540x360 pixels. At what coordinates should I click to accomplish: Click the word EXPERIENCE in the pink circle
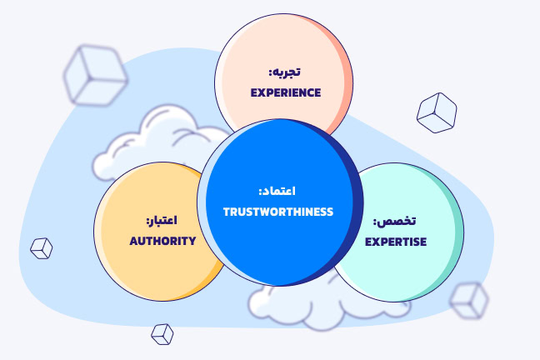click(286, 92)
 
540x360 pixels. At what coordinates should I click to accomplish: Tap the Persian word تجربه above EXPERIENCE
click(287, 73)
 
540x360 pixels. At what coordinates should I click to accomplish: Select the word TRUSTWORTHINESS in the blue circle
click(277, 212)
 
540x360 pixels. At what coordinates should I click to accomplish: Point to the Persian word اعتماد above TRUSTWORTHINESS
click(277, 191)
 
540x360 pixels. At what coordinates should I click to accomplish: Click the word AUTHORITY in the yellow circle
click(162, 241)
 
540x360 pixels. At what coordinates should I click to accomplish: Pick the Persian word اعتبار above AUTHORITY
click(163, 222)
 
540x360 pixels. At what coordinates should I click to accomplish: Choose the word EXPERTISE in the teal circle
click(397, 242)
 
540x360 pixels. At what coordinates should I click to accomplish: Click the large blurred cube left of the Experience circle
click(94, 74)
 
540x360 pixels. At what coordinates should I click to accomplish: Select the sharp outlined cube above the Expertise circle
click(437, 112)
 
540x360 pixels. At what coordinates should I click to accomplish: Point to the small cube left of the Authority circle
click(41, 247)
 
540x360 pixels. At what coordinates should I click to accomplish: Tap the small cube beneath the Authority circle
click(162, 333)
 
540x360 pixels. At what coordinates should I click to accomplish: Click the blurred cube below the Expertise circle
click(468, 300)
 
